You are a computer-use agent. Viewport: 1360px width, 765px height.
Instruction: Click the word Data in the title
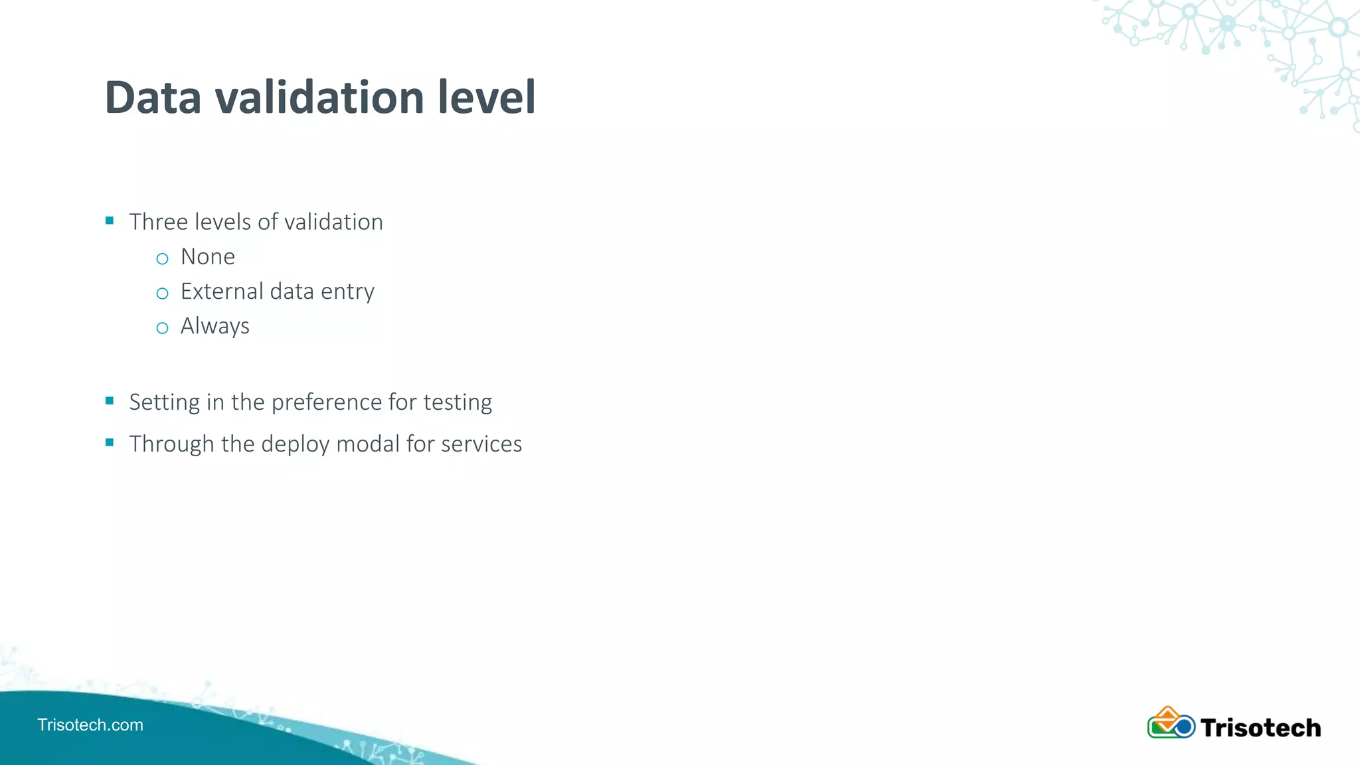tap(153, 98)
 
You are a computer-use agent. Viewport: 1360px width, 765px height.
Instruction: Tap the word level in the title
tap(486, 98)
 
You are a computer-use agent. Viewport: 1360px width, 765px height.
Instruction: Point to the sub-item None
tap(208, 257)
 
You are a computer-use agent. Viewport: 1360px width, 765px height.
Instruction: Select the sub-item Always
tap(215, 327)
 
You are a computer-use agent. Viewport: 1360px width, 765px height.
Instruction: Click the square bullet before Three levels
tap(110, 220)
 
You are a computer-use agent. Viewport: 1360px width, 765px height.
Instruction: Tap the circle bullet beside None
tap(163, 259)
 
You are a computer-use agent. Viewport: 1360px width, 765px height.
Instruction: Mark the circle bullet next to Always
tap(163, 328)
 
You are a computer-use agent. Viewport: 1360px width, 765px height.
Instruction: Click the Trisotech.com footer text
tap(90, 724)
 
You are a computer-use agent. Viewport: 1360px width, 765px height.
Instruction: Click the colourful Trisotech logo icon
tap(1171, 723)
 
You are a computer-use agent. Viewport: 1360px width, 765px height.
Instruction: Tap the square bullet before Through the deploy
tap(110, 442)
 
